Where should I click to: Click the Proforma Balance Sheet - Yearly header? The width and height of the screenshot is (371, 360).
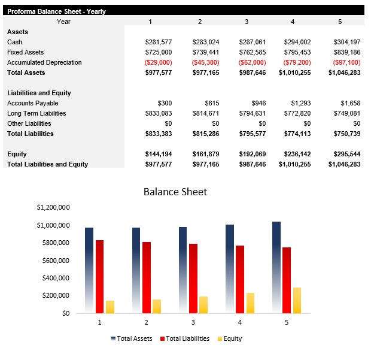pyautogui.click(x=56, y=11)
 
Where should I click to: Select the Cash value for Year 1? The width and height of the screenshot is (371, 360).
pyautogui.click(x=159, y=42)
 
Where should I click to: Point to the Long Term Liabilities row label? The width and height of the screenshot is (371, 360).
pyautogui.click(x=37, y=113)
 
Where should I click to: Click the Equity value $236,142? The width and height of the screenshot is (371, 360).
pyautogui.click(x=295, y=154)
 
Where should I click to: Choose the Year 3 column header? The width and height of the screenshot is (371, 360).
pyautogui.click(x=246, y=22)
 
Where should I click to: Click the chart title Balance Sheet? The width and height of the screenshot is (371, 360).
pyautogui.click(x=175, y=192)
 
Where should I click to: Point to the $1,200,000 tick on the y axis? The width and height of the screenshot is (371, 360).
pyautogui.click(x=53, y=208)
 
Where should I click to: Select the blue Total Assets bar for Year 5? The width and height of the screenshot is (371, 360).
pyautogui.click(x=276, y=267)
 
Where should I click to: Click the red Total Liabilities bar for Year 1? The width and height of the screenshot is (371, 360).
pyautogui.click(x=99, y=276)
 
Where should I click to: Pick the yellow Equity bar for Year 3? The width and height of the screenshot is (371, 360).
pyautogui.click(x=203, y=304)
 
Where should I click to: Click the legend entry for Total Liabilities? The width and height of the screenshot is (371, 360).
pyautogui.click(x=185, y=338)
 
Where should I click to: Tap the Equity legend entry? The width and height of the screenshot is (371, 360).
pyautogui.click(x=229, y=338)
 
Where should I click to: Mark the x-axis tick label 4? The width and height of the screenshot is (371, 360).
pyautogui.click(x=239, y=322)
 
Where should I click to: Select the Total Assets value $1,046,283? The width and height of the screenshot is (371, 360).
pyautogui.click(x=344, y=72)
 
